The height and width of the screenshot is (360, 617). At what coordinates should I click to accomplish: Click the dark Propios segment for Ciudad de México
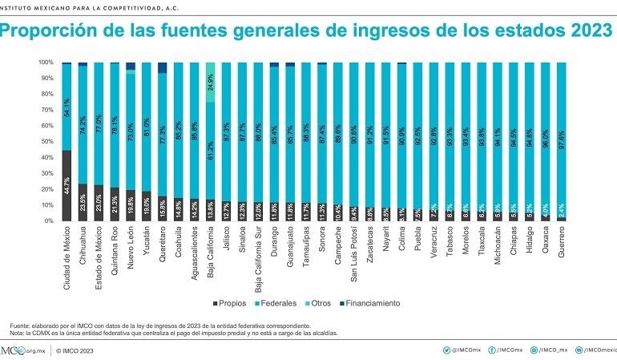tap(67, 185)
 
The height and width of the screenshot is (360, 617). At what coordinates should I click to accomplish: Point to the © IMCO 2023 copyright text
tap(77, 350)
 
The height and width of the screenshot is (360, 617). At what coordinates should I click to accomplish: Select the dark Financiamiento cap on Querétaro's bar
tap(163, 67)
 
